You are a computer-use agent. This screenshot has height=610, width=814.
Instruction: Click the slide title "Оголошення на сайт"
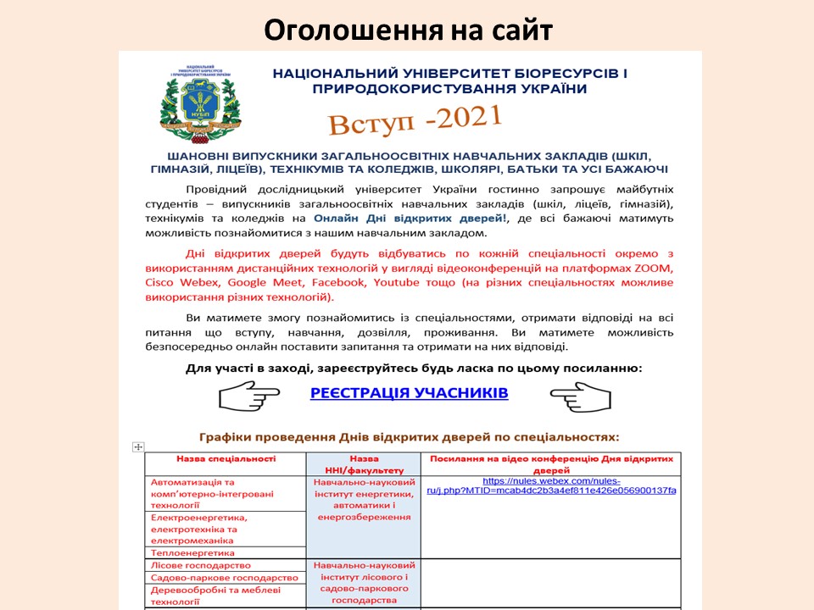coord(408,30)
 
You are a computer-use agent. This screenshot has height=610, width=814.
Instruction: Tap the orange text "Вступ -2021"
coord(415,120)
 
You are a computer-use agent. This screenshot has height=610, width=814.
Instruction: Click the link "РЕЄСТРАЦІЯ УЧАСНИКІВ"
coord(410,393)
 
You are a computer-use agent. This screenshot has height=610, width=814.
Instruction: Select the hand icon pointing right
coord(249,396)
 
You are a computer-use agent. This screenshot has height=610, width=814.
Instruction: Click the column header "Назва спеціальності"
coord(226,458)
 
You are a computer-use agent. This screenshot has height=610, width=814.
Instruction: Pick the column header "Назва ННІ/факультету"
coord(363,464)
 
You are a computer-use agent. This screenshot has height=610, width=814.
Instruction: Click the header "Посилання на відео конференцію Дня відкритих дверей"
coord(551,463)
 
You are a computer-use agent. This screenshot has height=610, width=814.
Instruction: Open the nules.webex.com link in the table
coord(551,485)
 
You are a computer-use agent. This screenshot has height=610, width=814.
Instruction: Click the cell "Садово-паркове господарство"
coord(224,578)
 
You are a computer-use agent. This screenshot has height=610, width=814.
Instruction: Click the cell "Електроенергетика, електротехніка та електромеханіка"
coord(198,529)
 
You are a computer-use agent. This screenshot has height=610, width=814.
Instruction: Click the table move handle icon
coord(139,446)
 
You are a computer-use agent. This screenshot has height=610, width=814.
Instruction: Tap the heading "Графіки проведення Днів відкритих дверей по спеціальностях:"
coord(410,437)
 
